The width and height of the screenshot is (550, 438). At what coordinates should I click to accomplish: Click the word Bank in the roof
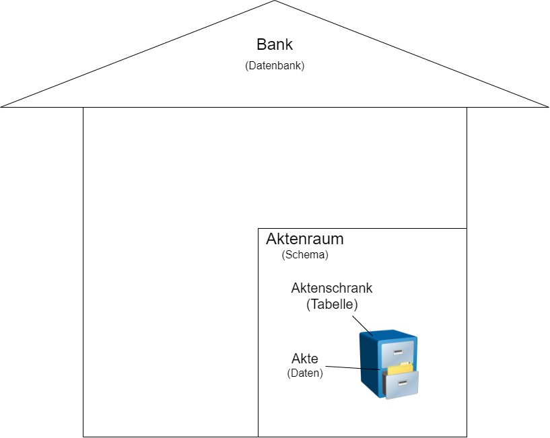(x=275, y=45)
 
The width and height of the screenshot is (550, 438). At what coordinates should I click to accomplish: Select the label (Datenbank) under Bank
(x=275, y=66)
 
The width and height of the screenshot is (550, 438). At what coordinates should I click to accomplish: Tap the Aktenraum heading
(x=304, y=239)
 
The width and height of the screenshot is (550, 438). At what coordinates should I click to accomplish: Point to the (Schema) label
(x=305, y=256)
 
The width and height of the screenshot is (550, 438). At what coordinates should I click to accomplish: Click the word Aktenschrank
(x=331, y=288)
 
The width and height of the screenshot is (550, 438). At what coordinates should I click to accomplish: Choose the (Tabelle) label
(x=331, y=304)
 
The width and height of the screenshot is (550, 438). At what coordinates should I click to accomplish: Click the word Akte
(x=304, y=359)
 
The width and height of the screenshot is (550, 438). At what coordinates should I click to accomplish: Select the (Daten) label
(x=304, y=373)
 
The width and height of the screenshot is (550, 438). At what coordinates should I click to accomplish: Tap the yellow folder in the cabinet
(x=402, y=368)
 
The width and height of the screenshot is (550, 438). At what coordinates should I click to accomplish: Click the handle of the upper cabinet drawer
(x=399, y=351)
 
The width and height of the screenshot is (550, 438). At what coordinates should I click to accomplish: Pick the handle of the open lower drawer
(x=403, y=384)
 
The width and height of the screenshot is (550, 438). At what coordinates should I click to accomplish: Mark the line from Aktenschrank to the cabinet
(x=362, y=324)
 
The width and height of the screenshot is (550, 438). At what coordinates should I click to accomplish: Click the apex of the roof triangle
(x=275, y=2)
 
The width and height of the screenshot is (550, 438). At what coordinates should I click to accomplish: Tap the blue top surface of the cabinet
(x=388, y=334)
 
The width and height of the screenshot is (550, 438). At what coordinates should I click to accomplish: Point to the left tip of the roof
(x=3, y=106)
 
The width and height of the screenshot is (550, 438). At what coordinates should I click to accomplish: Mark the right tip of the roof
(x=546, y=106)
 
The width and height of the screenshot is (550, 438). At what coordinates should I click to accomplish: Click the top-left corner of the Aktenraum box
(x=259, y=229)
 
